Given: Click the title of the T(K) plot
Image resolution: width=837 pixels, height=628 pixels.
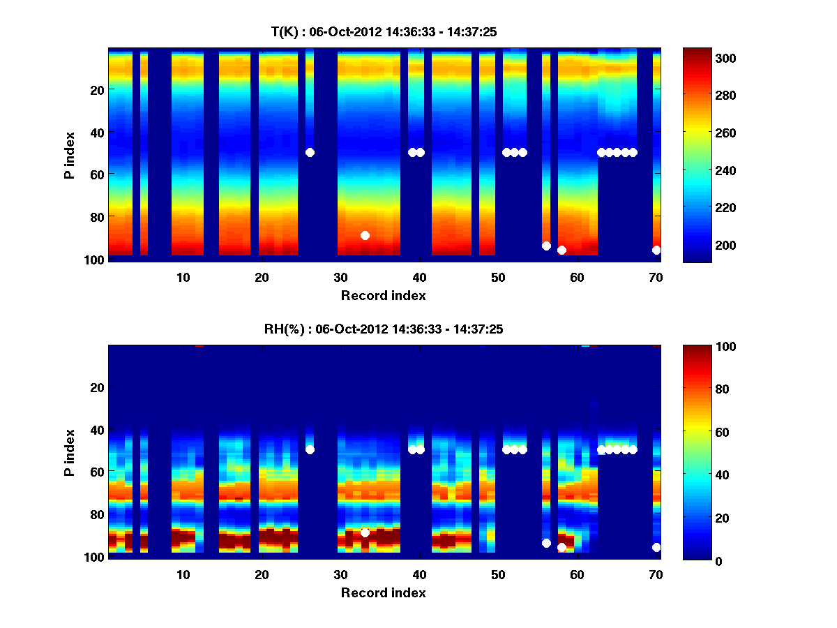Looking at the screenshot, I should [384, 31].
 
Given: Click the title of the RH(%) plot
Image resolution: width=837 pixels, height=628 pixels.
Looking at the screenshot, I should [384, 329].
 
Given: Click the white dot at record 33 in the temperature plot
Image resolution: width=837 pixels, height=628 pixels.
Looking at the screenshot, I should [365, 235].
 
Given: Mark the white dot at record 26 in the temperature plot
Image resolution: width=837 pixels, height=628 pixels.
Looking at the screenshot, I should [310, 152].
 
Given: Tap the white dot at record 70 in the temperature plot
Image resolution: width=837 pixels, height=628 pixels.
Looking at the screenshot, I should [656, 250].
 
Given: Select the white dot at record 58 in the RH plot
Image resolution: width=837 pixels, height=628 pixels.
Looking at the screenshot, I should [561, 548].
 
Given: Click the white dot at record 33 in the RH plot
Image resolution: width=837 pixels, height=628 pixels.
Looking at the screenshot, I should [365, 532].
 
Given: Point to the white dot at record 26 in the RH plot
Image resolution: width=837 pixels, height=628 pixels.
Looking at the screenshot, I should [310, 449].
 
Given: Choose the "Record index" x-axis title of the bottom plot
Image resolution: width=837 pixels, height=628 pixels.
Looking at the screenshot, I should [384, 592].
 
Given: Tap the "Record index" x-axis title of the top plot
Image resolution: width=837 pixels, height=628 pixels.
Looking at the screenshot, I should [384, 295].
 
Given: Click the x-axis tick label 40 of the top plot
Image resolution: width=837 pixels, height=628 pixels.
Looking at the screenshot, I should [419, 277].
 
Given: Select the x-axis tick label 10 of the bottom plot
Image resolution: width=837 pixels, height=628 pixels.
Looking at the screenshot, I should [183, 574].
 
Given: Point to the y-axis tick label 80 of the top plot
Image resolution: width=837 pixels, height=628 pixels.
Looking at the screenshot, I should [96, 216].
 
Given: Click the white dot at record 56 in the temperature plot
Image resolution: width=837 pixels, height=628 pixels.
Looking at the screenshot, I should [546, 246].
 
